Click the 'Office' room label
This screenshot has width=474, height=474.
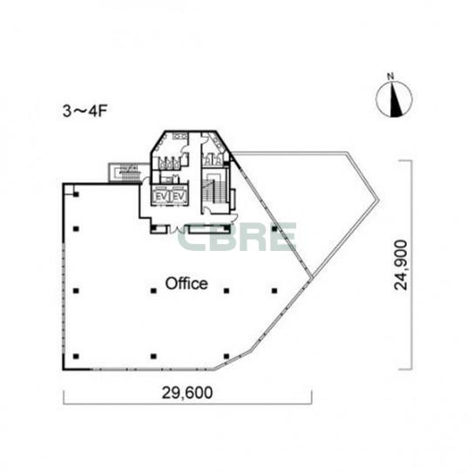point(186,283)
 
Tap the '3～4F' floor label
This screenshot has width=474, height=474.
point(85,112)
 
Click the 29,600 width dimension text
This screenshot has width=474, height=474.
point(187,392)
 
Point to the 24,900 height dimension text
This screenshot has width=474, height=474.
point(401,265)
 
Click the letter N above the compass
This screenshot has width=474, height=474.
point(390,77)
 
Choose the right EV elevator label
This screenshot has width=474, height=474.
point(179,197)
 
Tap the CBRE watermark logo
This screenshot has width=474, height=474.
point(237,237)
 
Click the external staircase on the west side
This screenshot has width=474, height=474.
point(125,173)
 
